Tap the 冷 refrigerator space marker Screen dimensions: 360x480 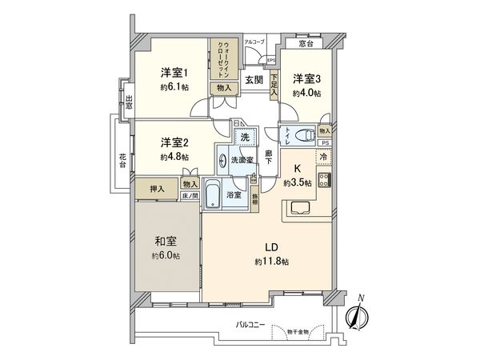tap(324, 158)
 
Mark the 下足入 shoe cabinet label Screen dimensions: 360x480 tap(274, 86)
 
